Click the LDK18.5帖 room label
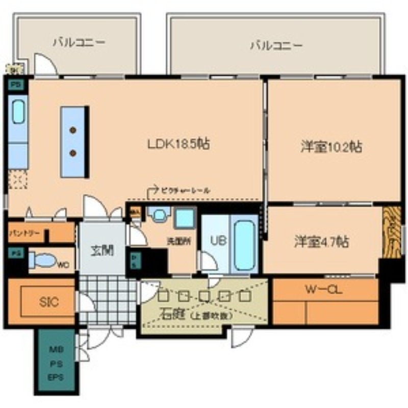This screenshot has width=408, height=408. [x=178, y=144]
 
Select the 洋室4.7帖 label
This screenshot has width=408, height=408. [x=321, y=241]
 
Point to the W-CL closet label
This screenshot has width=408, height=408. [x=324, y=290]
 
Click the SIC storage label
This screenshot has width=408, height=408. [x=48, y=301]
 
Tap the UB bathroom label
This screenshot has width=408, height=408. [x=213, y=240]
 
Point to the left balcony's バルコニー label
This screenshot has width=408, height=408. [x=79, y=43]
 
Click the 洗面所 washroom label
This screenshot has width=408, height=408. [x=180, y=240]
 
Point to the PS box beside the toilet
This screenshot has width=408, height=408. [x=16, y=253]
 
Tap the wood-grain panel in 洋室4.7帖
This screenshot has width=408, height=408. [x=391, y=232]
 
